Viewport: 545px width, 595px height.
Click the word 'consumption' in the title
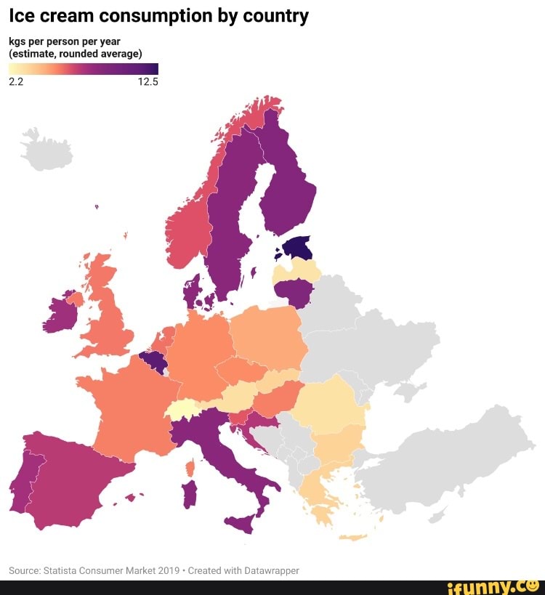[146, 16]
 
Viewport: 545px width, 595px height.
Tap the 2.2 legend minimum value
[16, 82]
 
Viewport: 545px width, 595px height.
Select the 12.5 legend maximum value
[147, 82]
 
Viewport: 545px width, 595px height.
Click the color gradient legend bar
[83, 69]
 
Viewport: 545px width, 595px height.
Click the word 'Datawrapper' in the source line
[268, 570]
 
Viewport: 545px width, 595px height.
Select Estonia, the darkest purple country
[298, 248]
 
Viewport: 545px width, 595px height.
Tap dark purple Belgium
[154, 360]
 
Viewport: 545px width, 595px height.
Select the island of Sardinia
[190, 494]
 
